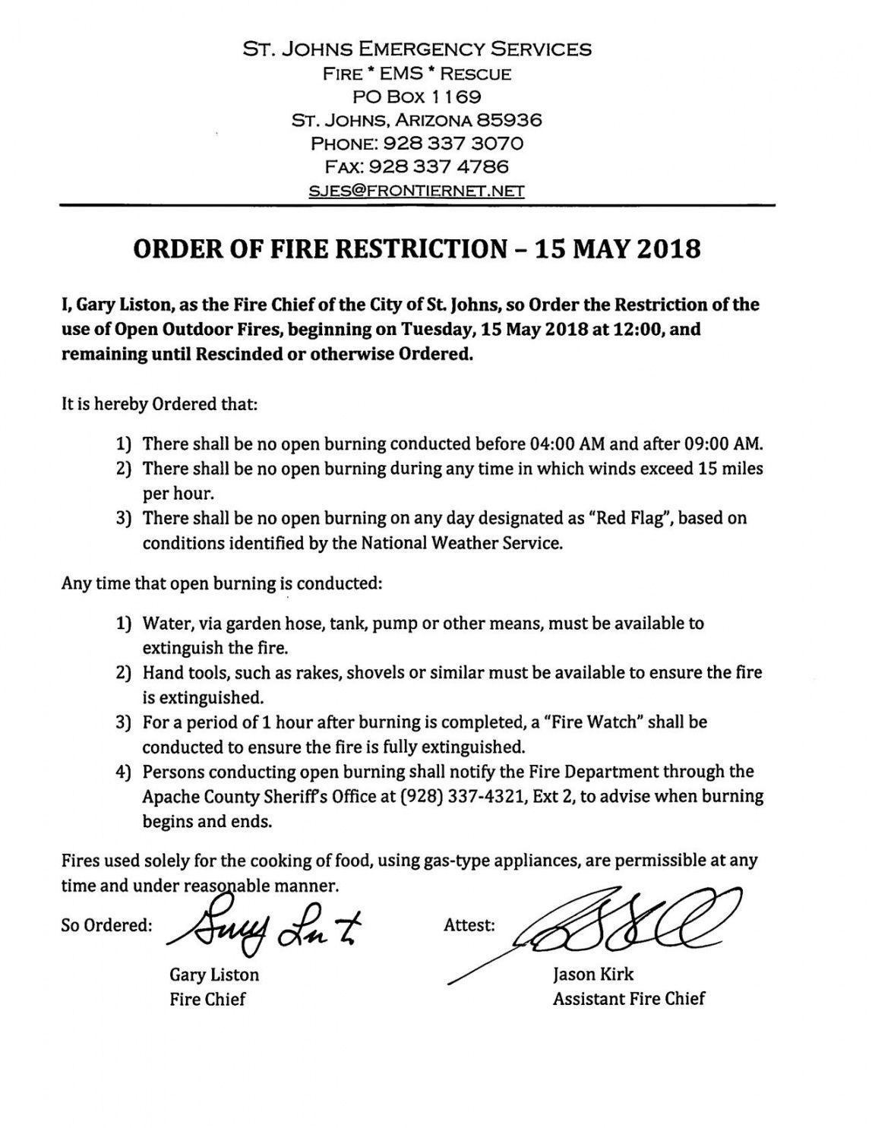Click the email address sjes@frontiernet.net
pyautogui.click(x=416, y=191)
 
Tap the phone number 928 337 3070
pyautogui.click(x=450, y=144)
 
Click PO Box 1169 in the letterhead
pyautogui.click(x=417, y=96)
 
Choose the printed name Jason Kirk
pyautogui.click(x=593, y=974)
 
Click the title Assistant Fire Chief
pyautogui.click(x=628, y=998)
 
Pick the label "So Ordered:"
pyautogui.click(x=107, y=925)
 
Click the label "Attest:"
pyautogui.click(x=469, y=925)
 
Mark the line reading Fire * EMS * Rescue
pyautogui.click(x=416, y=74)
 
